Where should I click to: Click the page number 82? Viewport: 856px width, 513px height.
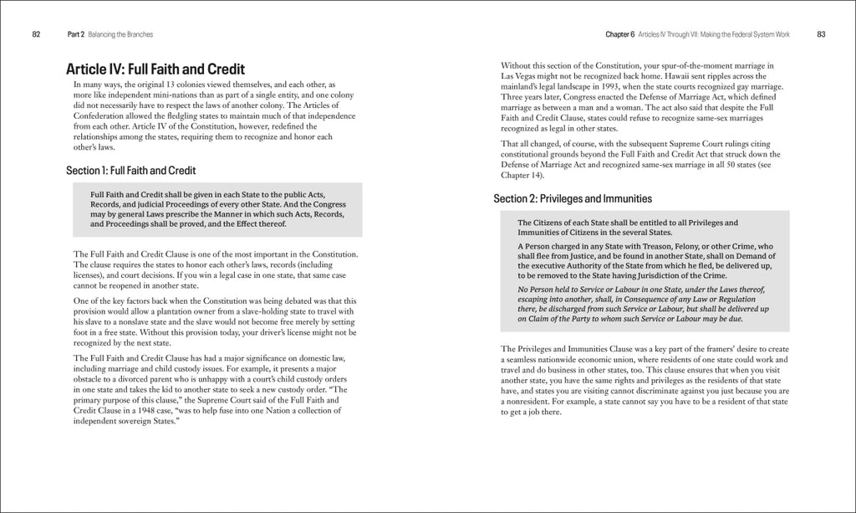[36, 34]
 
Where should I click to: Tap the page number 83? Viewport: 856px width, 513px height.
[821, 34]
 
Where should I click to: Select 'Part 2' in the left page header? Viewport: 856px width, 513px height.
[76, 34]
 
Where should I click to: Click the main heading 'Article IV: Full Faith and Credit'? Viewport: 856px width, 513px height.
[155, 69]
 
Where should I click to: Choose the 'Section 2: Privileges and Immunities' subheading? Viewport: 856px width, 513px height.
[573, 199]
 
